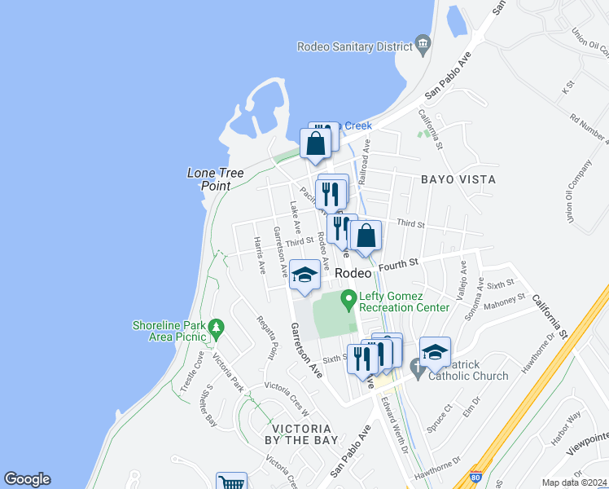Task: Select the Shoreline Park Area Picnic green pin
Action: pos(216,328)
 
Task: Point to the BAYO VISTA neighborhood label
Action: pos(458,178)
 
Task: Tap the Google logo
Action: pos(27,479)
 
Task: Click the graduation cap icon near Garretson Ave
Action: pos(305,275)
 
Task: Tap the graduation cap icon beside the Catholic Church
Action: pos(436,351)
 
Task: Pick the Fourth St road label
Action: pos(402,264)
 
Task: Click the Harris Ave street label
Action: pos(258,256)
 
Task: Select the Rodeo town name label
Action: pos(353,274)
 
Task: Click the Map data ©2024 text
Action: pos(575,482)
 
